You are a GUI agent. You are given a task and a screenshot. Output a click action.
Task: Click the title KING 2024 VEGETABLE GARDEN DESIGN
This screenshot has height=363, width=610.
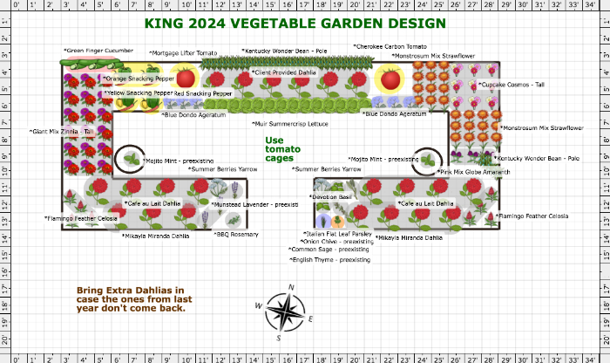pos(295,24)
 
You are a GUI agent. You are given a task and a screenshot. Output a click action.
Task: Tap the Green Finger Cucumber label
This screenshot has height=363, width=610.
pos(98,51)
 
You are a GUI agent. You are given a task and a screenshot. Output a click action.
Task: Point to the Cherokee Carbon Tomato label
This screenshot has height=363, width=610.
pos(390,46)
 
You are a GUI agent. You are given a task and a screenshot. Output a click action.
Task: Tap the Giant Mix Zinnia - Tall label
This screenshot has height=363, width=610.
pos(62,132)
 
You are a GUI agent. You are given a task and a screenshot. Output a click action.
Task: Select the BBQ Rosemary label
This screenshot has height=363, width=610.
pos(236,234)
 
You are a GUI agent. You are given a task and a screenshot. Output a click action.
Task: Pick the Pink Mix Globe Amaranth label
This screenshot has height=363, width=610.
pos(475,173)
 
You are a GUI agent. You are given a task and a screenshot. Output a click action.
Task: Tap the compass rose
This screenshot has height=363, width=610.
pos(285,312)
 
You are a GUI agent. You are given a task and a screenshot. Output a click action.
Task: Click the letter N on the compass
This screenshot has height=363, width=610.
pos(291,287)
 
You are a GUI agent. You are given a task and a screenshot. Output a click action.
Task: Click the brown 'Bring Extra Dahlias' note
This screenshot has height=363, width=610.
pos(131,298)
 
